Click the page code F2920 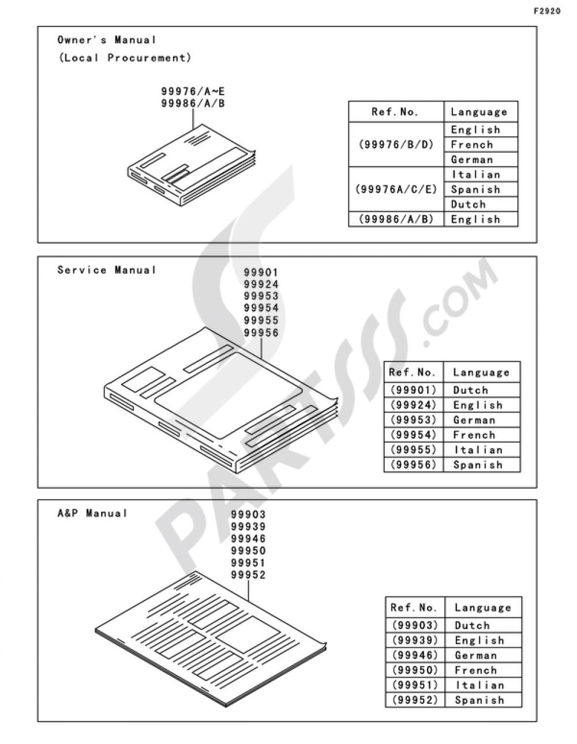[547, 12]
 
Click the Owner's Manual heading [107, 40]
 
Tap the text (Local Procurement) [125, 58]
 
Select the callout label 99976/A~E [193, 92]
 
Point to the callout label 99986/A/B [193, 103]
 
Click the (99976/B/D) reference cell [396, 145]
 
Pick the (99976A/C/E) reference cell [396, 189]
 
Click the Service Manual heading [107, 270]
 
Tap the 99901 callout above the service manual [261, 273]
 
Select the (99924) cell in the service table [414, 405]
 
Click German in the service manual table [474, 420]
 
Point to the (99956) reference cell [414, 464]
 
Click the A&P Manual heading [92, 513]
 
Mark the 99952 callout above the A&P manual [248, 575]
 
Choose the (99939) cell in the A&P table [415, 640]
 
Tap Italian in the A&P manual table [479, 685]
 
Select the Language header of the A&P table [483, 608]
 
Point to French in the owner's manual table [472, 145]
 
